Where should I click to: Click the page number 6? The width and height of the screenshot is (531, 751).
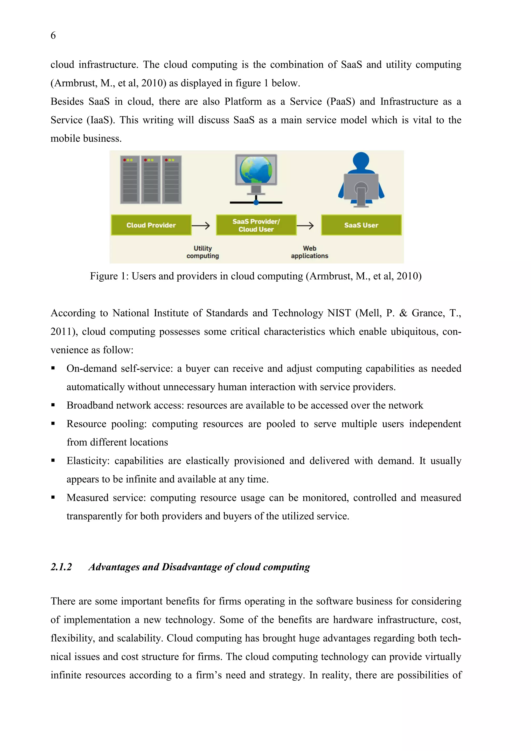(x=53, y=35)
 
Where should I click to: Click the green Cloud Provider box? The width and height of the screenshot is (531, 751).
(x=151, y=225)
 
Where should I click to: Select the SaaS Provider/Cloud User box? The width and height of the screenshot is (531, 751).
(x=256, y=225)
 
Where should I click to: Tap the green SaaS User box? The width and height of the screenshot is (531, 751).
(x=361, y=225)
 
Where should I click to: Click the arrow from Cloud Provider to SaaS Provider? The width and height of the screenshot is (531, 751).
(x=200, y=225)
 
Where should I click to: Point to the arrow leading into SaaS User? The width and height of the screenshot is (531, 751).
(x=305, y=225)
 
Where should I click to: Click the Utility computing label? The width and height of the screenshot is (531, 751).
(x=203, y=252)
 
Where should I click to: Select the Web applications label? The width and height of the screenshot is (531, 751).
(x=309, y=252)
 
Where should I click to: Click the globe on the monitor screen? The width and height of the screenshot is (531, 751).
(x=256, y=170)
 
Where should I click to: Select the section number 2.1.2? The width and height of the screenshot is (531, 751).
(x=61, y=567)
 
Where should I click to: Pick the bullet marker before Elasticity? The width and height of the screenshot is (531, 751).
(x=53, y=461)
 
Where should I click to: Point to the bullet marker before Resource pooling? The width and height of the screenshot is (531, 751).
(x=53, y=423)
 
